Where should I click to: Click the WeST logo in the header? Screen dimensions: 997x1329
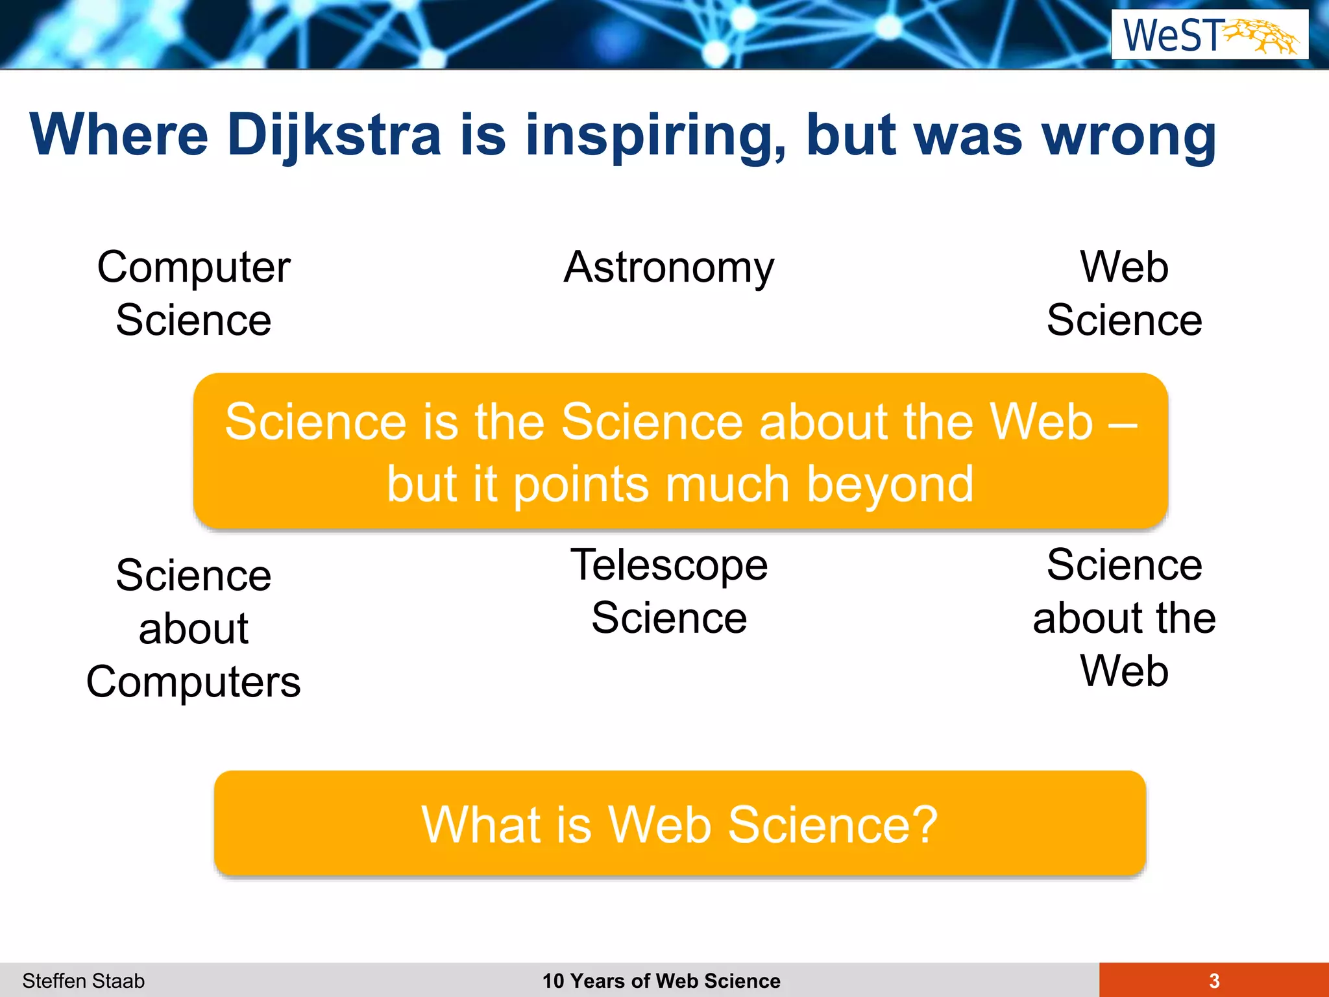point(1210,35)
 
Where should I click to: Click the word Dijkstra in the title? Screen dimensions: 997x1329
point(334,135)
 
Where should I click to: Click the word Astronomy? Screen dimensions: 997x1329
point(669,267)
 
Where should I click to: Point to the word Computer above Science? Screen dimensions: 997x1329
point(193,267)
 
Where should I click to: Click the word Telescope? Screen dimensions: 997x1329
point(669,564)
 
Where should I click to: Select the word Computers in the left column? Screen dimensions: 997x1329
point(193,682)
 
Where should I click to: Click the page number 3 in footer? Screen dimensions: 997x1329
point(1214,980)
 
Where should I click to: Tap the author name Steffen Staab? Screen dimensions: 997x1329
point(83,980)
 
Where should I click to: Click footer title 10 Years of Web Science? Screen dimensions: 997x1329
point(661,980)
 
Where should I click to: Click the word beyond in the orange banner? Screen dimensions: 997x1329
point(890,484)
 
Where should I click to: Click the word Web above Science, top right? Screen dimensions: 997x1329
point(1124,267)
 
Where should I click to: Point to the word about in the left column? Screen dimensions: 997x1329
point(193,629)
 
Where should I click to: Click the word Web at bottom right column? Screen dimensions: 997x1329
point(1124,671)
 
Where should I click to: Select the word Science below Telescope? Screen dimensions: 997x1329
point(669,617)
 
